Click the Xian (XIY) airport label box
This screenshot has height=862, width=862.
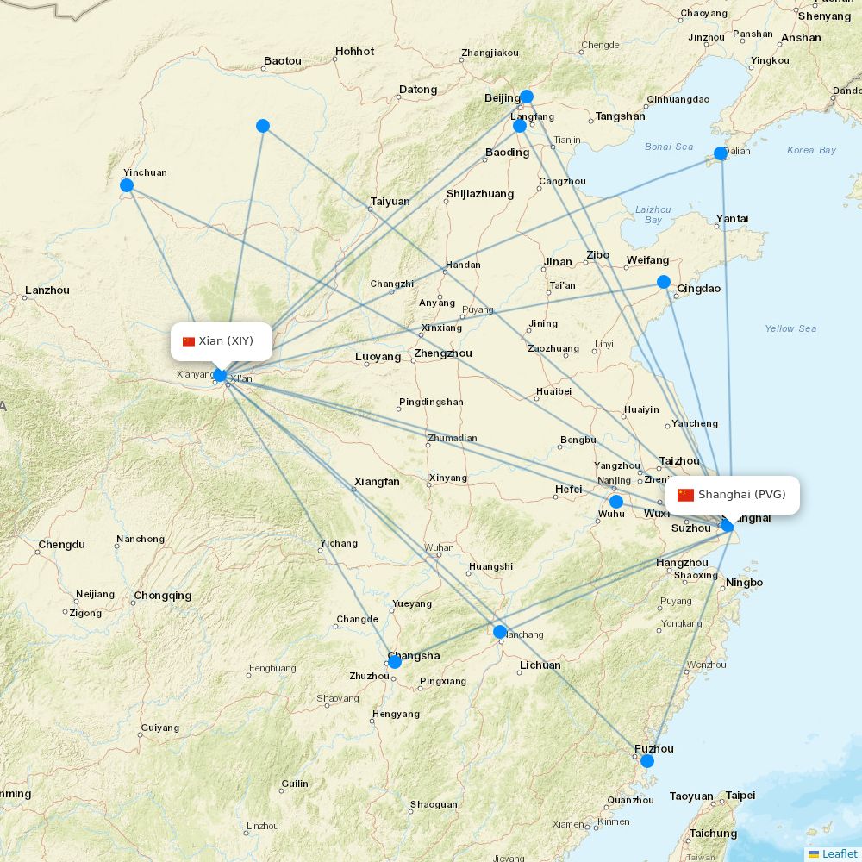222,341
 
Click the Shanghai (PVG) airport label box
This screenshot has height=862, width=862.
733,495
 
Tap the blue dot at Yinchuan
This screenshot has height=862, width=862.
127,185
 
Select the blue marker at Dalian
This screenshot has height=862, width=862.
721,153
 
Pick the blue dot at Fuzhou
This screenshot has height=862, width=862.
647,761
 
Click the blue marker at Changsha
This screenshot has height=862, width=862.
395,662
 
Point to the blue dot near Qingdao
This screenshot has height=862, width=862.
664,282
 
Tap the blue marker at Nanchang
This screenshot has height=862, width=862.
500,632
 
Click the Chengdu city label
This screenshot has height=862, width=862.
61,545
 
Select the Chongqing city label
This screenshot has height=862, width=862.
162,596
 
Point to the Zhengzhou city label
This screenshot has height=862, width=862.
443,353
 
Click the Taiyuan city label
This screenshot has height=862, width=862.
390,202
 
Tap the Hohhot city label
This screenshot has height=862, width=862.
354,52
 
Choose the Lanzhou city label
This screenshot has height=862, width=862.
47,290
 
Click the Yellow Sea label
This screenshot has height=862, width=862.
790,328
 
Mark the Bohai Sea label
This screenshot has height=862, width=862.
669,147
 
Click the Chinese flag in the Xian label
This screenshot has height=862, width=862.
189,341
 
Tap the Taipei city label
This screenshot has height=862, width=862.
740,796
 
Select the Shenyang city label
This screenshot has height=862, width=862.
824,16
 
